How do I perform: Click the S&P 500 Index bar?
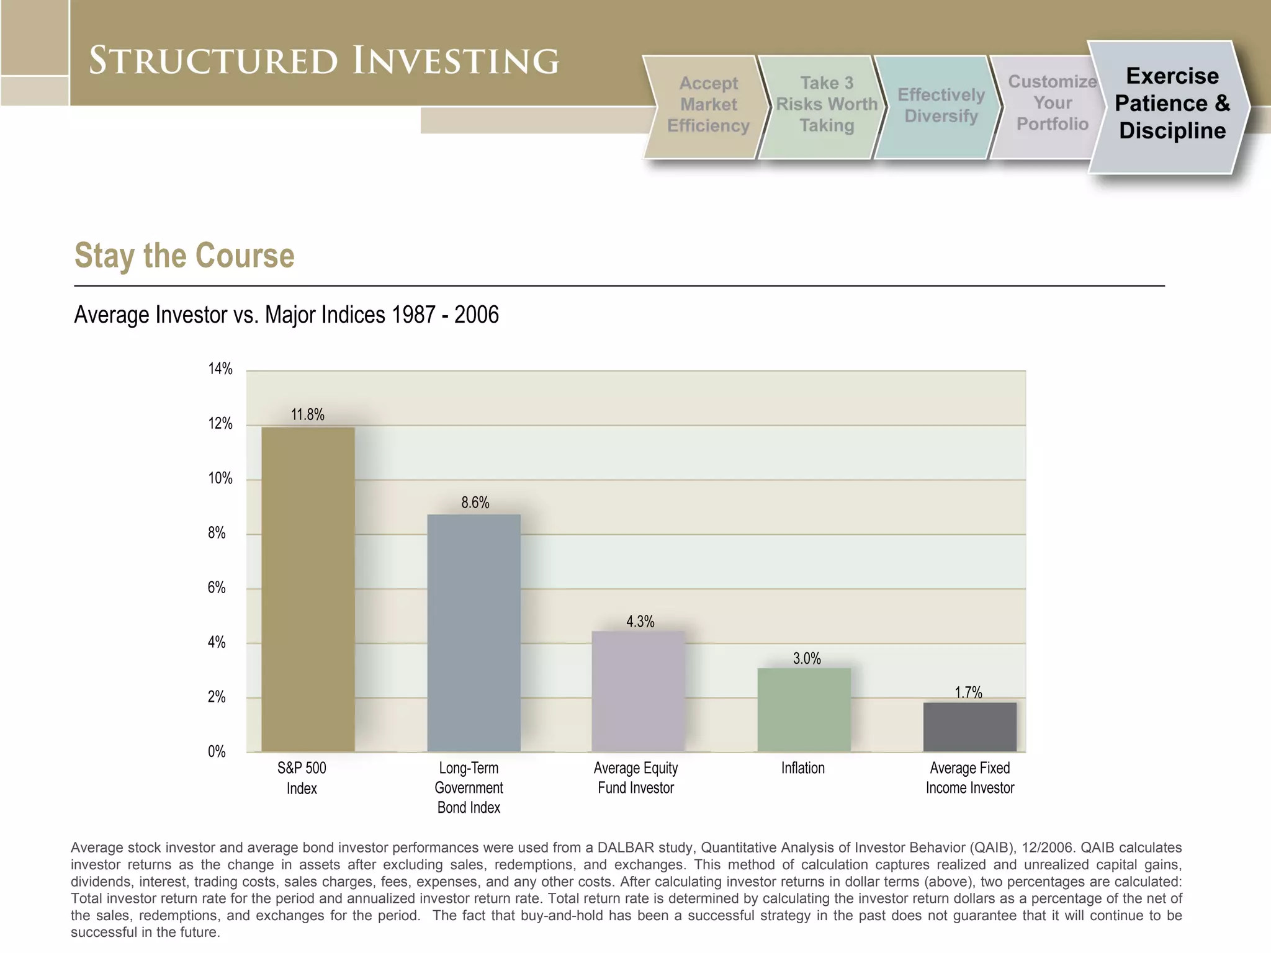(308, 589)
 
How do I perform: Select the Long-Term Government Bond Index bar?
(474, 633)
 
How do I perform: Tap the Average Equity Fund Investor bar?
(638, 691)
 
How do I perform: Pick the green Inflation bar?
(804, 710)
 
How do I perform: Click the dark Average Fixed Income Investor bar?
(969, 727)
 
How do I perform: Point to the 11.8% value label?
(308, 414)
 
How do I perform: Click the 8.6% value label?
(475, 503)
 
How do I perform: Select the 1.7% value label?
(968, 692)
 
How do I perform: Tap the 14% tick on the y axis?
(220, 369)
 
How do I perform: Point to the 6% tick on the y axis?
(217, 588)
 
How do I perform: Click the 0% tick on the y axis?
(217, 752)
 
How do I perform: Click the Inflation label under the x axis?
(802, 768)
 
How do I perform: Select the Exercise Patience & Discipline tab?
(1172, 104)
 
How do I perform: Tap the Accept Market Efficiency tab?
(708, 105)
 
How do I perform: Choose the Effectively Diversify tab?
(940, 105)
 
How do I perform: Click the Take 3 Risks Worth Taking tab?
(826, 104)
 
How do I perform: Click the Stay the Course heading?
(184, 256)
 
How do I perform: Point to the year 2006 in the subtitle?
(476, 315)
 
